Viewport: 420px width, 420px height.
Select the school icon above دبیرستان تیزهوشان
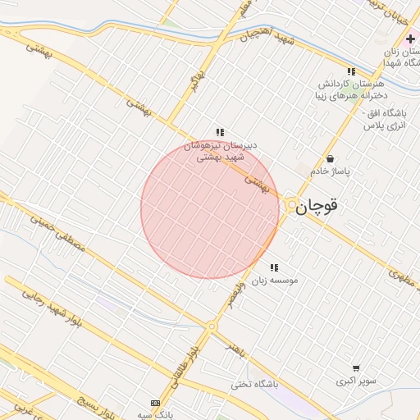tap(220, 131)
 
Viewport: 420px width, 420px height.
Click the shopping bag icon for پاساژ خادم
tap(330, 158)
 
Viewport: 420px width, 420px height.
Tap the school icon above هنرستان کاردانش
tap(352, 71)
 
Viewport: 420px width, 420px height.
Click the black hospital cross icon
tap(410, 39)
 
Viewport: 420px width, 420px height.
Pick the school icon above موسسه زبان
tap(274, 267)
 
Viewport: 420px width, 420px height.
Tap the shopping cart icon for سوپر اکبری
tap(356, 369)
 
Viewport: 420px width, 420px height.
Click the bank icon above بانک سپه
tap(156, 403)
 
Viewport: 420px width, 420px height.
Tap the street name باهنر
tap(237, 351)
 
